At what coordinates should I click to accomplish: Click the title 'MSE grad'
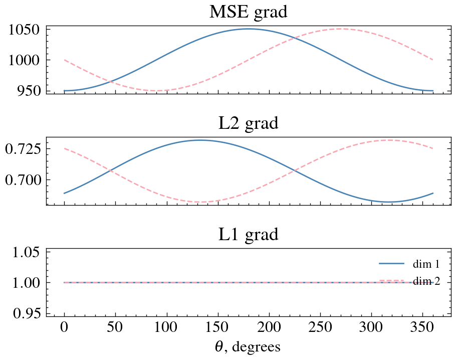pyautogui.click(x=248, y=12)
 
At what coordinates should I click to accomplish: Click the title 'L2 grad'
pyautogui.click(x=248, y=123)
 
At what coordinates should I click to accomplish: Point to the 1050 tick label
pyautogui.click(x=23, y=29)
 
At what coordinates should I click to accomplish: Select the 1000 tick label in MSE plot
pyautogui.click(x=23, y=60)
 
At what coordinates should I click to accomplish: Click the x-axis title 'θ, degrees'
pyautogui.click(x=248, y=346)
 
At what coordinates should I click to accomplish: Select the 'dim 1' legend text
pyautogui.click(x=426, y=264)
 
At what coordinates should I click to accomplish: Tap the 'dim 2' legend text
pyautogui.click(x=426, y=281)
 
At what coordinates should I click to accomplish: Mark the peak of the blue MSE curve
pyautogui.click(x=249, y=29)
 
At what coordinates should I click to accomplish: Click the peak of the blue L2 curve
pyautogui.click(x=200, y=140)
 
